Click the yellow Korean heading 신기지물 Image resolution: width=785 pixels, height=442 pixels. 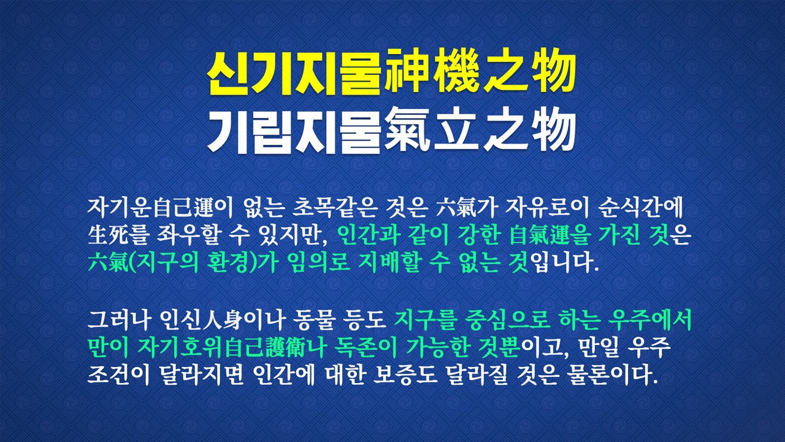click(294, 74)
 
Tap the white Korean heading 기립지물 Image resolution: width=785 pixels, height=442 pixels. click(294, 131)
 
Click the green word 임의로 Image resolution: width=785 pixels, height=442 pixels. click(318, 262)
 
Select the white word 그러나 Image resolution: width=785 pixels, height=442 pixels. click(119, 320)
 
